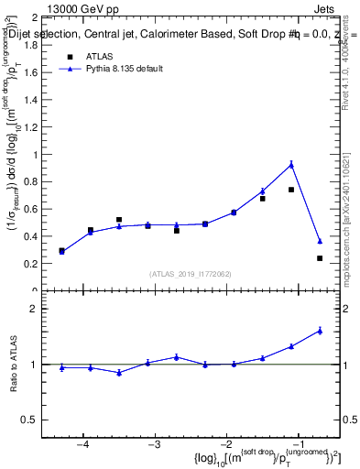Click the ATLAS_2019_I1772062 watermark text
pyautogui.click(x=191, y=273)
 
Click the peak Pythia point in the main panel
pyautogui.click(x=291, y=165)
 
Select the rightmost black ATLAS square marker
pyautogui.click(x=320, y=258)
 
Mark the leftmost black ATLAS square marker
pyautogui.click(x=61, y=251)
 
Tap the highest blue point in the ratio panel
pyautogui.click(x=320, y=331)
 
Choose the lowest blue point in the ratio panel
pyautogui.click(x=119, y=373)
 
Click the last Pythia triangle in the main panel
pyautogui.click(x=320, y=241)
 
